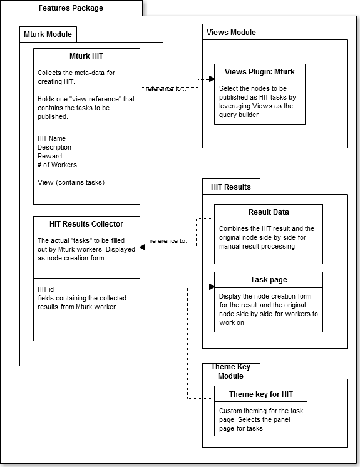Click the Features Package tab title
[71, 8]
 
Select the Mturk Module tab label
[48, 34]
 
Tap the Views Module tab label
[231, 32]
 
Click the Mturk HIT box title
[86, 56]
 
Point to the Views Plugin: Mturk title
[260, 72]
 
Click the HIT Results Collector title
[86, 224]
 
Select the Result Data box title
[269, 212]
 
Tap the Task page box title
[269, 280]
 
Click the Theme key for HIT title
[261, 394]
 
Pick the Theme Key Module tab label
[231, 371]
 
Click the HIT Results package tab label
[231, 187]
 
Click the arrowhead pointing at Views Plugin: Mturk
[212, 79]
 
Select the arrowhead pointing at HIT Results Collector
[143, 247]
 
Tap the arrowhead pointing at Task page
[212, 287]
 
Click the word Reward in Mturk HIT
[49, 156]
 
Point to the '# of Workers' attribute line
[57, 165]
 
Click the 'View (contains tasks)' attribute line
[71, 182]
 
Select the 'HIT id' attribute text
[46, 289]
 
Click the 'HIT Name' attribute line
[51, 138]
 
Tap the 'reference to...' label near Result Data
[170, 241]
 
